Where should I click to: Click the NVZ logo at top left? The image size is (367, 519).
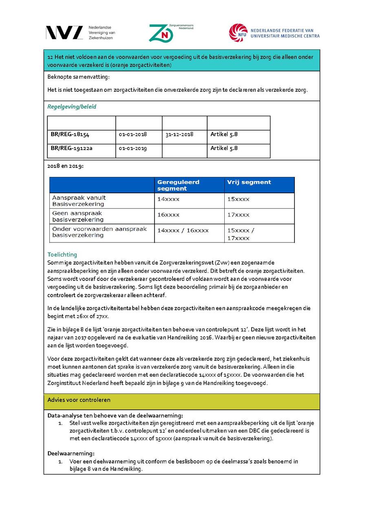pyautogui.click(x=64, y=33)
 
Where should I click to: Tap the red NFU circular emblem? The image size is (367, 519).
pyautogui.click(x=238, y=33)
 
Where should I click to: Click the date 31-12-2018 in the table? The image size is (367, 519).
pyautogui.click(x=179, y=134)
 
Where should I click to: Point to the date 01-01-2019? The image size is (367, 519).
pyautogui.click(x=133, y=148)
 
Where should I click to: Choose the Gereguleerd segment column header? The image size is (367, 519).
pyautogui.click(x=178, y=185)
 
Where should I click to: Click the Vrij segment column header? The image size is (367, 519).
pyautogui.click(x=249, y=182)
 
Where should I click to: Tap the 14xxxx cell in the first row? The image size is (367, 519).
pyautogui.click(x=168, y=199)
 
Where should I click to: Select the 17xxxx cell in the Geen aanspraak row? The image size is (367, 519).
pyautogui.click(x=239, y=215)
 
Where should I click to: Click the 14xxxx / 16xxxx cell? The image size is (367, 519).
pyautogui.click(x=183, y=230)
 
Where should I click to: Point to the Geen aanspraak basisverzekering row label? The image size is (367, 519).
pyautogui.click(x=78, y=216)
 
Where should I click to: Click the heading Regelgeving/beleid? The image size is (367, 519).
pyautogui.click(x=72, y=107)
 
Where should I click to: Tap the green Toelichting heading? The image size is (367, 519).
pyautogui.click(x=62, y=254)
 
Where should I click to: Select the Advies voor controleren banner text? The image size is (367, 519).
pyautogui.click(x=79, y=400)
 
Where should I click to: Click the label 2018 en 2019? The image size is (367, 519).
pyautogui.click(x=65, y=166)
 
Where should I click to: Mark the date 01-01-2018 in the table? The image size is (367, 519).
pyautogui.click(x=133, y=134)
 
